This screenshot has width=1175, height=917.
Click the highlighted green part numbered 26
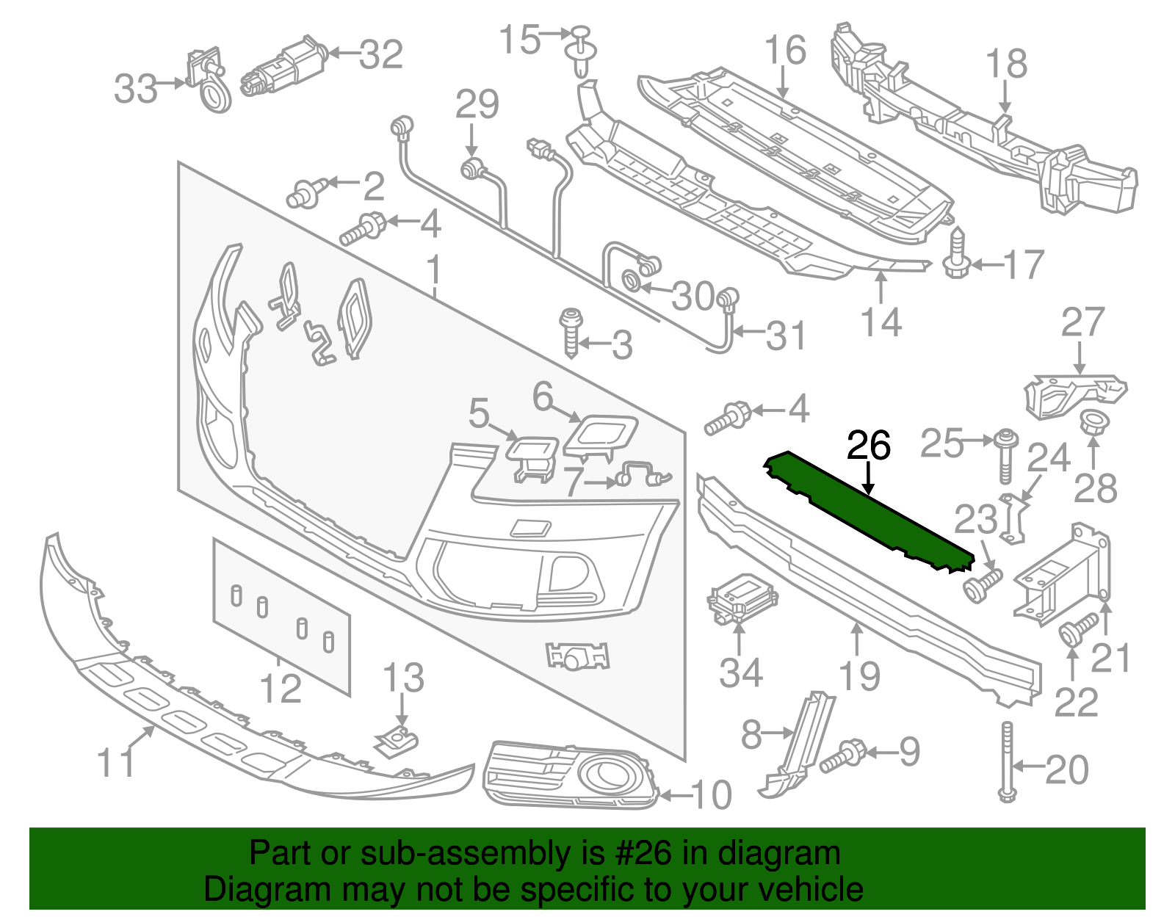tap(867, 514)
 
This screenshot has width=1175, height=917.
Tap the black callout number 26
tap(869, 446)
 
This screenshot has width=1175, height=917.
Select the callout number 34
tap(740, 673)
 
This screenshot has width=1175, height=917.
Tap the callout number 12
tap(281, 689)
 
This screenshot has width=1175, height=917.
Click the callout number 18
tap(1006, 64)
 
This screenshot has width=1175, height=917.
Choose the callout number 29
tap(477, 104)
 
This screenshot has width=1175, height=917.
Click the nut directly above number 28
tap(1092, 424)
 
